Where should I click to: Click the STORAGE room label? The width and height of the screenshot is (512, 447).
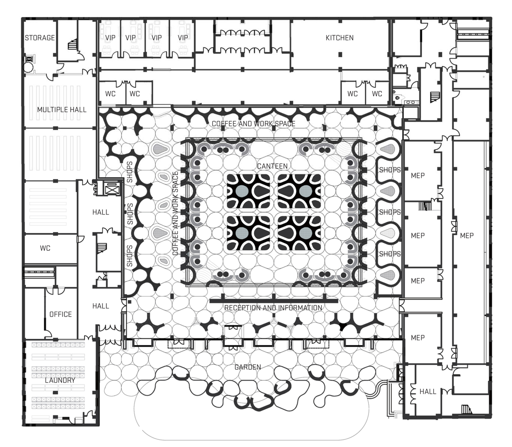40,38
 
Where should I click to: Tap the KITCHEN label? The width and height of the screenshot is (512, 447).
339,38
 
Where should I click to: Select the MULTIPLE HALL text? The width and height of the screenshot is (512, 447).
62,110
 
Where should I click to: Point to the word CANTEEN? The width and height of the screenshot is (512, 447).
272,166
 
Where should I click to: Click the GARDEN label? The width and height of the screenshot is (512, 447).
248,367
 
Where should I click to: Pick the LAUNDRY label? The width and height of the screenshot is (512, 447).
60,380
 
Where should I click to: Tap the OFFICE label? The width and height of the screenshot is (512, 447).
60,314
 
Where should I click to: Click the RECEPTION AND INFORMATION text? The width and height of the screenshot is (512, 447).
273,308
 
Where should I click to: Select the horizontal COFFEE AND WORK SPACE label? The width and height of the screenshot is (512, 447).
254,124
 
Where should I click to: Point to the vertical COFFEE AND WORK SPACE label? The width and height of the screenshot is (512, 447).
175,213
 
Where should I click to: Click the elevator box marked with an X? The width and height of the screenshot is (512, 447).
111,189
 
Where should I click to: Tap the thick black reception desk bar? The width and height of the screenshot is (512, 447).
274,301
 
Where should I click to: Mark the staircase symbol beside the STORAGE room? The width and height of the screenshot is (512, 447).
73,44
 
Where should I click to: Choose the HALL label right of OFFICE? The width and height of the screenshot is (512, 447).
101,306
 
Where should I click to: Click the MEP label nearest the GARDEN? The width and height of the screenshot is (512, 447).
418,338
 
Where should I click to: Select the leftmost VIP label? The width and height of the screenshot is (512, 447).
110,38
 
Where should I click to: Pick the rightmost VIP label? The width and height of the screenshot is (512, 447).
183,38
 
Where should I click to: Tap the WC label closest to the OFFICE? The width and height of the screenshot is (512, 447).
45,248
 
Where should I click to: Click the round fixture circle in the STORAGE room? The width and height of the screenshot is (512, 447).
29,67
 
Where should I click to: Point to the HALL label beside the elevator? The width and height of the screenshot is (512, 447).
101,213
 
